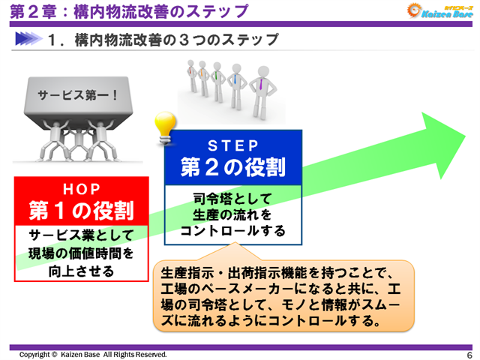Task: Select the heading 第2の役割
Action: point(232,167)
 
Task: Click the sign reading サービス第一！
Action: point(72,95)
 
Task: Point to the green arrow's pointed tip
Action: point(459,135)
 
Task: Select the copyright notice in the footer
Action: point(93,354)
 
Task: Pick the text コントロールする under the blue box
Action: point(232,230)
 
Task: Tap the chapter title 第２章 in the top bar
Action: point(28,12)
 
